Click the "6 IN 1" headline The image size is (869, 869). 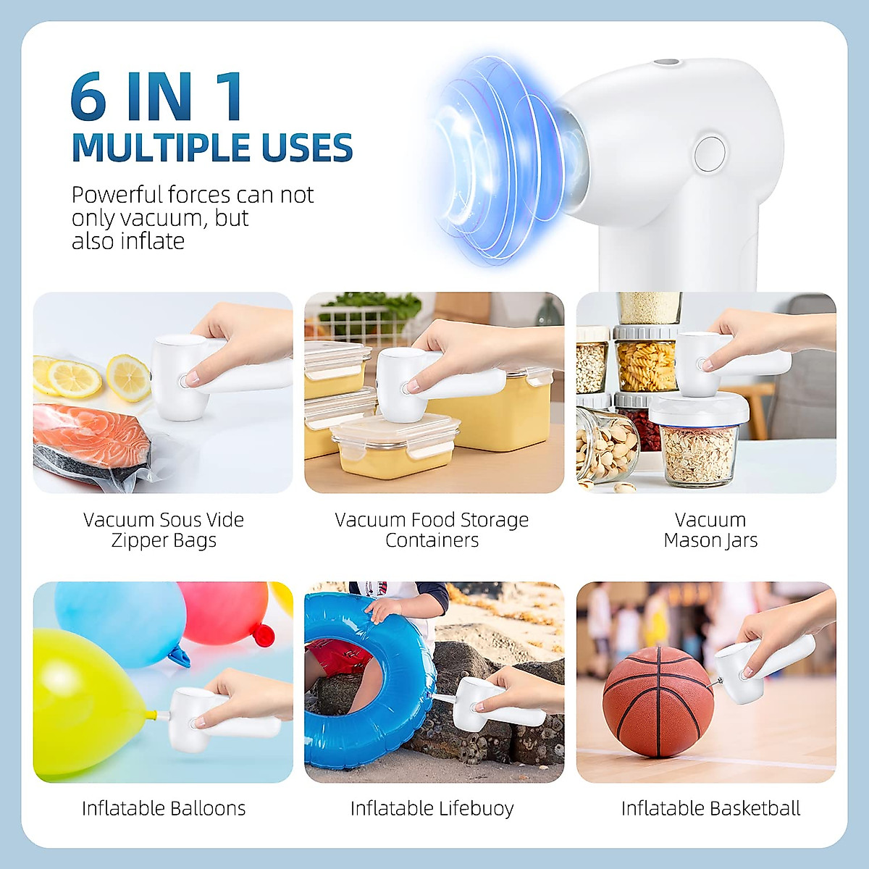(x=157, y=97)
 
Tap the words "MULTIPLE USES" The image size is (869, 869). (x=211, y=148)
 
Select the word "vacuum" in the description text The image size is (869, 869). (x=161, y=218)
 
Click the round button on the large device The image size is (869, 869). (x=709, y=154)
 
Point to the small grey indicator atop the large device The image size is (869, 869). (x=666, y=64)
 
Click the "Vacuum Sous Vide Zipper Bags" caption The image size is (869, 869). (x=164, y=530)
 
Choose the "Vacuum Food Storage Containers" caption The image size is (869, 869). (x=432, y=530)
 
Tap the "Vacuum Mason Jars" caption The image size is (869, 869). (x=710, y=530)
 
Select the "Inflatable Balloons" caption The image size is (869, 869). (x=164, y=808)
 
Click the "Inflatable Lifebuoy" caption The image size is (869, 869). (x=432, y=808)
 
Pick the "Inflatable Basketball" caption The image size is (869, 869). (x=710, y=808)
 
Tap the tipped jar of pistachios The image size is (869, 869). (x=605, y=445)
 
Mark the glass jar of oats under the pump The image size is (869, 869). (x=697, y=453)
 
